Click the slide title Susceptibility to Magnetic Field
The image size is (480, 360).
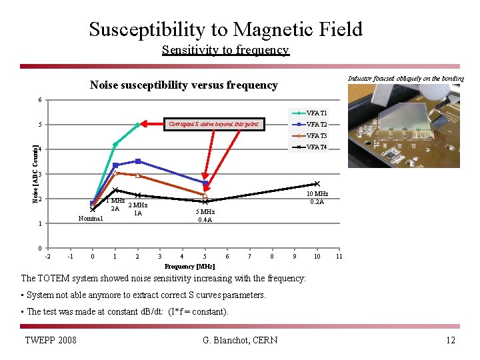pos(225,29)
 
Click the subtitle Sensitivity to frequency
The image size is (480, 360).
pos(225,50)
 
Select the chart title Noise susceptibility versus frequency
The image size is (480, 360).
pos(183,85)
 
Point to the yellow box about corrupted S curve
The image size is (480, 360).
pos(213,124)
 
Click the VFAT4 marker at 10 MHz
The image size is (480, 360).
pos(317,183)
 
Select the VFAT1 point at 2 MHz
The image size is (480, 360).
pos(137,125)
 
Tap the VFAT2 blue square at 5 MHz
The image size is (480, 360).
pos(205,183)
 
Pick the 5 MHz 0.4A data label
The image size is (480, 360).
pos(205,215)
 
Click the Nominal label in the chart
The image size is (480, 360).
pos(91,218)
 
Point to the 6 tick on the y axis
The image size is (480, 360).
pos(41,100)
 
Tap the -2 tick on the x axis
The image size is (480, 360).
pos(47,257)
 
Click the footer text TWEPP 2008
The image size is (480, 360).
pos(50,341)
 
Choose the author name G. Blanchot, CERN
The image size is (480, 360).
pos(239,341)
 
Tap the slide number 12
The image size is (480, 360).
pos(451,341)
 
